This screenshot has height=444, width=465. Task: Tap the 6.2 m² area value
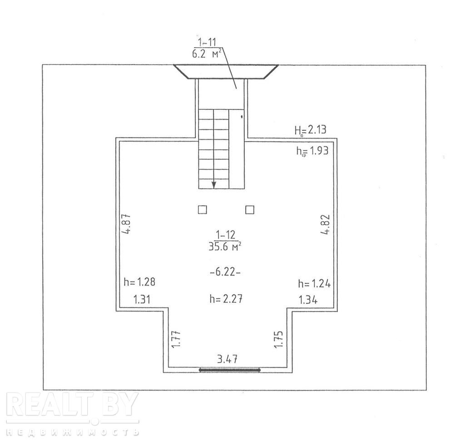click(x=207, y=54)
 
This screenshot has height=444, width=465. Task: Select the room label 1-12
click(x=226, y=235)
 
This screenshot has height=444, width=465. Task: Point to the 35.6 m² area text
click(x=225, y=247)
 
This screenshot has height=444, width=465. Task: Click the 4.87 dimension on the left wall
click(x=127, y=224)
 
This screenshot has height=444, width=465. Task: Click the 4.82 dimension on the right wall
click(x=326, y=224)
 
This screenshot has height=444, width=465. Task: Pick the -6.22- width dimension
click(x=225, y=271)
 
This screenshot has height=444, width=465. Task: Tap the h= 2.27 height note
click(x=226, y=298)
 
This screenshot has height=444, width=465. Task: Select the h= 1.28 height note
click(x=139, y=281)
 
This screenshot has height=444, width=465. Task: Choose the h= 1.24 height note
click(x=314, y=284)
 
